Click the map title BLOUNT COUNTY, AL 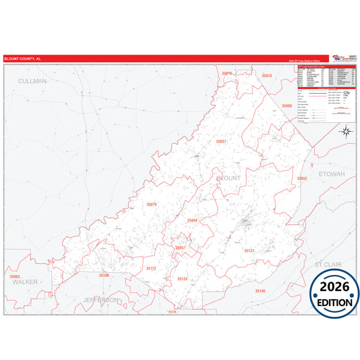[x=22, y=59]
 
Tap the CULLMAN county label [x=33, y=80]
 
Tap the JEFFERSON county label [x=101, y=299]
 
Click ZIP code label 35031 [x=221, y=141]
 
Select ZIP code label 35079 [x=151, y=204]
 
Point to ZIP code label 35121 [x=249, y=251]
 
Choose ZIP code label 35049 [x=192, y=220]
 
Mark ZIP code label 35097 [x=180, y=248]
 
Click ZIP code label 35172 [x=151, y=268]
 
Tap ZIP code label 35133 [x=182, y=278]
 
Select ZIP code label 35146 [x=260, y=290]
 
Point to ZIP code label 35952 [x=302, y=178]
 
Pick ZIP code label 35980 [x=287, y=106]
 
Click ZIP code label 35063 [x=15, y=276]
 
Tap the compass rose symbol [x=344, y=131]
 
